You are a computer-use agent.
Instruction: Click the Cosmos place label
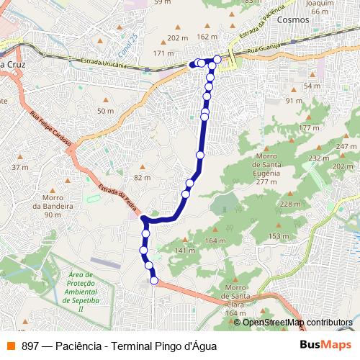tap(293, 20)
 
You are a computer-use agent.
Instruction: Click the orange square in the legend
tap(9, 346)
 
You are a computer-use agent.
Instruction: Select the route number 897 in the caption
tap(30, 346)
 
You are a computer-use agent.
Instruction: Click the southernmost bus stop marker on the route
tap(153, 280)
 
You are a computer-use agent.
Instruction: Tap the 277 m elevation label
tap(266, 182)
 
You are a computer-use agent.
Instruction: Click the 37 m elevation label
tap(19, 167)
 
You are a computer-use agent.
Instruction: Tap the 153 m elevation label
tap(278, 236)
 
